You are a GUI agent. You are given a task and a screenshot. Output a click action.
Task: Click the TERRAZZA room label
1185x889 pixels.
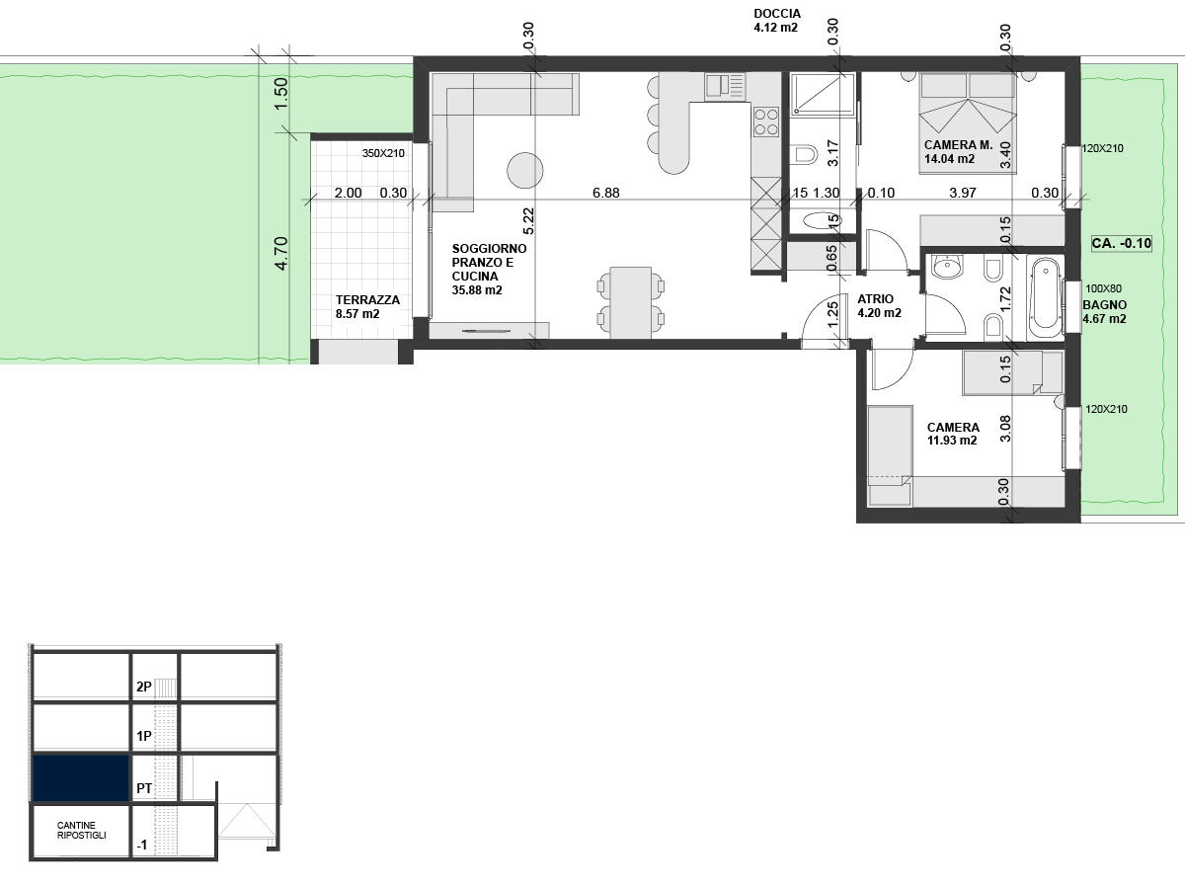(367, 299)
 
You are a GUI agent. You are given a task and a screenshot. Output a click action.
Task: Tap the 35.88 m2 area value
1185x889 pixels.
(477, 290)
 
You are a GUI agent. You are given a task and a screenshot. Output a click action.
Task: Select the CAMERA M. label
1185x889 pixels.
(957, 145)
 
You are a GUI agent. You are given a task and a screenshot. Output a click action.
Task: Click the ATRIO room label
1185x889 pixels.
(875, 298)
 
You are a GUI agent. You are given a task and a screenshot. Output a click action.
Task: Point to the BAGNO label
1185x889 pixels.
(1104, 305)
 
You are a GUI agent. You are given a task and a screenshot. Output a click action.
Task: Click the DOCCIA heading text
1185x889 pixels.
(776, 14)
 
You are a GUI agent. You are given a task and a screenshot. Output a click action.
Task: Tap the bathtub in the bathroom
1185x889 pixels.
(1043, 293)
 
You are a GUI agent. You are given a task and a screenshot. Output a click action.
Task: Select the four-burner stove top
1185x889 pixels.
(766, 121)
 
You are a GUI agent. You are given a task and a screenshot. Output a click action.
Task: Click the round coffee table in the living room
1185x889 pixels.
(525, 170)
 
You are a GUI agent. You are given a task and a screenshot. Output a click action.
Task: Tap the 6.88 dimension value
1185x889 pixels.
(605, 194)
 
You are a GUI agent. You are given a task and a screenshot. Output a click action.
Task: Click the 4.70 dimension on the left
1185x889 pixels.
(281, 253)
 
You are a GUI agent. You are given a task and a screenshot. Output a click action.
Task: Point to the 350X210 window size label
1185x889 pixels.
(384, 154)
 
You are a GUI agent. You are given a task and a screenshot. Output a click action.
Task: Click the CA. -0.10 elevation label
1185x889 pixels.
(1122, 242)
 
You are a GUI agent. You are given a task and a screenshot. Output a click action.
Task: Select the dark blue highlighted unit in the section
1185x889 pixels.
(81, 778)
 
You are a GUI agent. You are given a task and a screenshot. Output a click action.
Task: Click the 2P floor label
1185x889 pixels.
(144, 687)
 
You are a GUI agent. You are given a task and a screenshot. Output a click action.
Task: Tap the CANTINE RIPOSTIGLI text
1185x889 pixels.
(82, 830)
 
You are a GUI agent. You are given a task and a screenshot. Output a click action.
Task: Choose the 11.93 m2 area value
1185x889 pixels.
(951, 441)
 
